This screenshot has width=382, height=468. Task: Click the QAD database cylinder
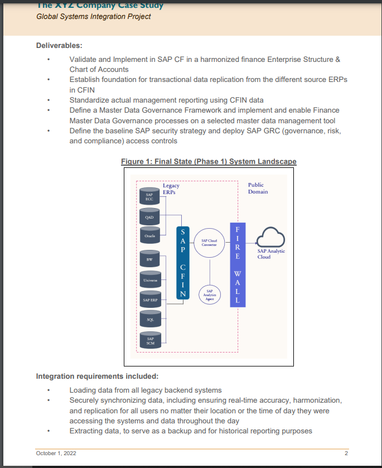(149, 216)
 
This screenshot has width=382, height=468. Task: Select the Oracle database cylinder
(149, 237)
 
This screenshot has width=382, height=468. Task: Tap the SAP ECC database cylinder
(149, 196)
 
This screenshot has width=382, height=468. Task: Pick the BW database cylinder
(149, 260)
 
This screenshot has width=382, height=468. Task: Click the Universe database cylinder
(149, 280)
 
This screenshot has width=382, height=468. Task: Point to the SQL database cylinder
(149, 320)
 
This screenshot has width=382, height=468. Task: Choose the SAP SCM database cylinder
(149, 340)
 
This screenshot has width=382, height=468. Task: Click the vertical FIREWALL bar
(238, 264)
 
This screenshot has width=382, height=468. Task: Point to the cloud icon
(270, 237)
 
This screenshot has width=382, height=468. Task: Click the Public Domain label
(258, 188)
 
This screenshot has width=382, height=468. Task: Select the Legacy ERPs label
(171, 189)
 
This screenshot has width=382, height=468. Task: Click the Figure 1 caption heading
(209, 162)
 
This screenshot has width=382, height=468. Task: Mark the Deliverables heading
(60, 45)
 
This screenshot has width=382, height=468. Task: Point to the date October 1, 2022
(56, 453)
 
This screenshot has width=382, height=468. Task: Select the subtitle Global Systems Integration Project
(94, 16)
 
